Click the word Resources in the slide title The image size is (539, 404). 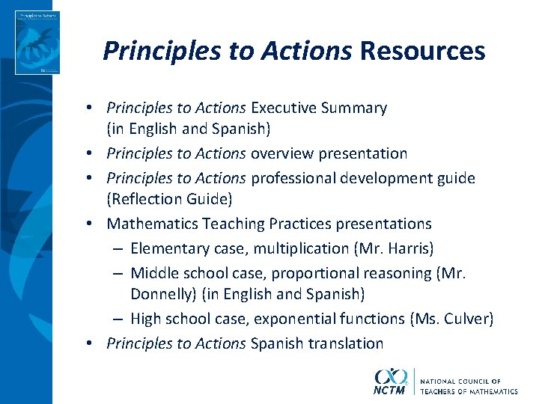[422, 51]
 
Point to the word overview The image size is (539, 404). [282, 154]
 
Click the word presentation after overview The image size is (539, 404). [363, 154]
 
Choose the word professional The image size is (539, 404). [293, 178]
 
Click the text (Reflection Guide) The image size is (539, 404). [169, 199]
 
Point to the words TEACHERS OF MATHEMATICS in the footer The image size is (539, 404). [469, 391]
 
